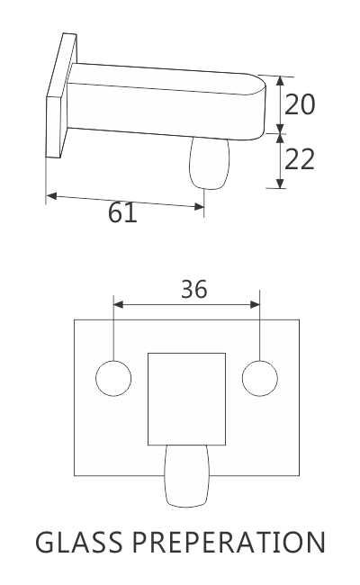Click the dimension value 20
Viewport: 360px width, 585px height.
(x=300, y=104)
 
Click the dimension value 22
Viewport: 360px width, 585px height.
(x=300, y=159)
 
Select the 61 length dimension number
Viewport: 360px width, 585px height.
(x=122, y=213)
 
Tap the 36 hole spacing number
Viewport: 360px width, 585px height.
(x=193, y=289)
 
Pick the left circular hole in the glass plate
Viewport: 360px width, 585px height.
(x=113, y=377)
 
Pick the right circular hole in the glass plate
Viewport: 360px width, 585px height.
(x=260, y=377)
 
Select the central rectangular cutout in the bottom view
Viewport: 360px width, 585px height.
(x=186, y=399)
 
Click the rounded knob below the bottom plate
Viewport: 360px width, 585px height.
(x=185, y=478)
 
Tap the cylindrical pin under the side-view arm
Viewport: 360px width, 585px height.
(x=208, y=162)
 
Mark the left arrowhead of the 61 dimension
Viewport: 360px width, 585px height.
(x=50, y=194)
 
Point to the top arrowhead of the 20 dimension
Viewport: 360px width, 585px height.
(x=280, y=79)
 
